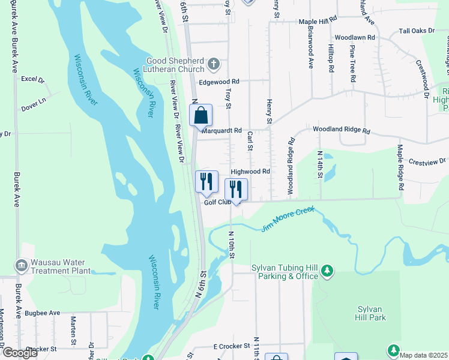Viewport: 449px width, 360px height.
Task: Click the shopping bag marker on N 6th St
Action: pyautogui.click(x=200, y=115)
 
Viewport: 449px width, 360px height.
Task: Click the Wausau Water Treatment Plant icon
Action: pyautogui.click(x=21, y=265)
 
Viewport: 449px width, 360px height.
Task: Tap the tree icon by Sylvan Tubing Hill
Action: pyautogui.click(x=327, y=272)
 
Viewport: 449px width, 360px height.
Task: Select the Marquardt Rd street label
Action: pyautogui.click(x=221, y=130)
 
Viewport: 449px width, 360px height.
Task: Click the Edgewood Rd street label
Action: pyautogui.click(x=219, y=82)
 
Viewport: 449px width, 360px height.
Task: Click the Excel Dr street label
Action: pyautogui.click(x=33, y=79)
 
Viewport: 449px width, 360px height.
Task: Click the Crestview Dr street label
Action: pyautogui.click(x=427, y=161)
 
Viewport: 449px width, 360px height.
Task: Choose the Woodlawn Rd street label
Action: pyautogui.click(x=355, y=37)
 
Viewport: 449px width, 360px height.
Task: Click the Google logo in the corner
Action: pyautogui.click(x=20, y=353)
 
